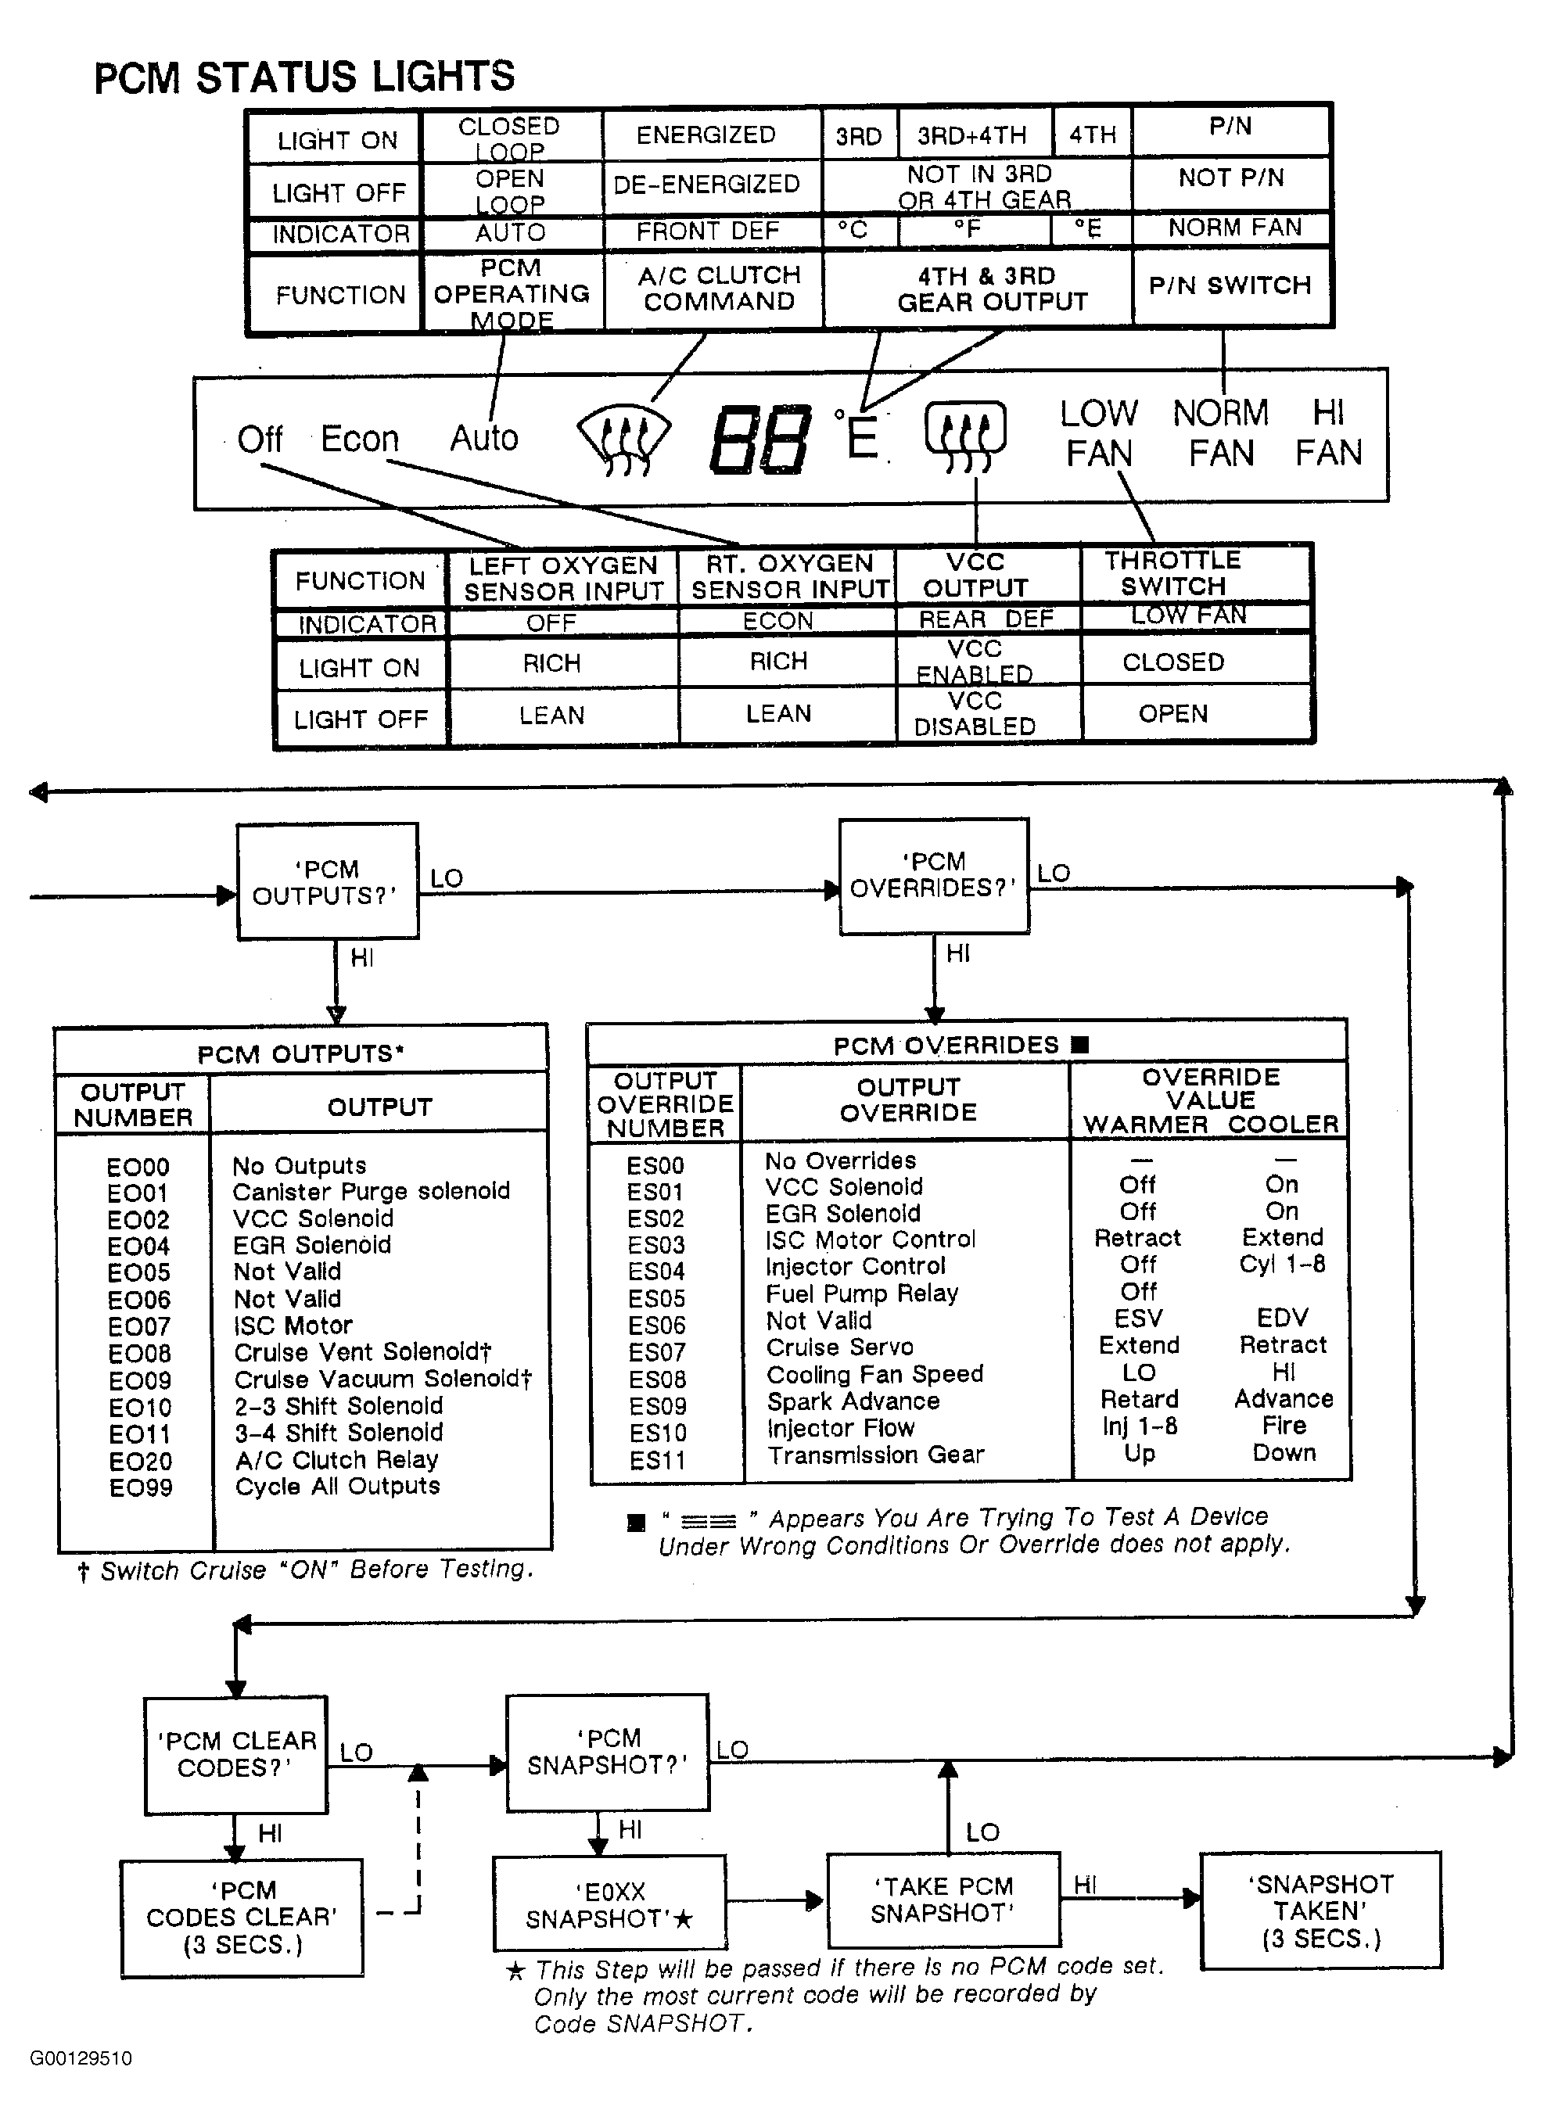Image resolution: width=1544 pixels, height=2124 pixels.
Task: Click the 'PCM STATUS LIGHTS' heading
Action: click(304, 77)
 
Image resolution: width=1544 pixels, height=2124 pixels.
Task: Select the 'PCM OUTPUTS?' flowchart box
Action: click(327, 881)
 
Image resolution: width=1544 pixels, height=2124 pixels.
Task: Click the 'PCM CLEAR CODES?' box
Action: click(235, 1754)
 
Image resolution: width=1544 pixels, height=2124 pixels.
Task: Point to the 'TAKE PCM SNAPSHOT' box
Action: click(943, 1900)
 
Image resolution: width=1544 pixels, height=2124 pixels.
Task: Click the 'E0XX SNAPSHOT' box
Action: click(609, 1905)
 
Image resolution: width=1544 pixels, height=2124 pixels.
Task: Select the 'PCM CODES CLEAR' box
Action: click(242, 1917)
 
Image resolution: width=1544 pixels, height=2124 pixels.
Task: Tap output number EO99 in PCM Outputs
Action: click(141, 1488)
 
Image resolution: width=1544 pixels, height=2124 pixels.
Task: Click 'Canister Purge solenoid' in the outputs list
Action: click(371, 1191)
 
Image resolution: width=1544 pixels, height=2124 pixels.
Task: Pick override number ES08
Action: click(657, 1380)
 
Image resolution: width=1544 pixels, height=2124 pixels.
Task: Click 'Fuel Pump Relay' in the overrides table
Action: click(862, 1293)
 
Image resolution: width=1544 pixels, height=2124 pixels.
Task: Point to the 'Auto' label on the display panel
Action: click(483, 438)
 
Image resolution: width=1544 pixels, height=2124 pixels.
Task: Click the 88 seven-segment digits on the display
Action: click(759, 440)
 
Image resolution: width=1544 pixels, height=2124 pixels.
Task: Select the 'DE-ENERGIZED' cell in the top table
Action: click(706, 184)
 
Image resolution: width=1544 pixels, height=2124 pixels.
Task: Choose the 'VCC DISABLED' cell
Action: click(975, 714)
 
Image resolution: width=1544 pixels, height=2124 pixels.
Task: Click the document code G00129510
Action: click(81, 2058)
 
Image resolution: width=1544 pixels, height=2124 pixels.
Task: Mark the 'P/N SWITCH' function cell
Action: click(1230, 285)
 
